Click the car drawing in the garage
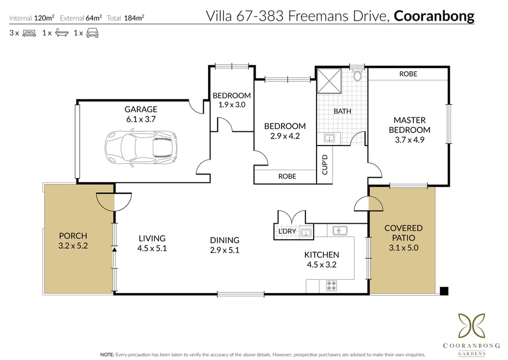pyautogui.click(x=141, y=148)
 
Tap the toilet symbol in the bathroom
pyautogui.click(x=357, y=75)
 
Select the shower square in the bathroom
pyautogui.click(x=329, y=81)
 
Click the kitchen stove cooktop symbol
pyautogui.click(x=331, y=286)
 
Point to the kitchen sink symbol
pyautogui.click(x=340, y=230)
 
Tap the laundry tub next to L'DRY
pyautogui.click(x=306, y=233)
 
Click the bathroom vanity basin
pyautogui.click(x=329, y=138)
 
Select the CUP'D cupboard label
pyautogui.click(x=325, y=164)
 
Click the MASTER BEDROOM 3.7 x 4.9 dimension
pyautogui.click(x=409, y=140)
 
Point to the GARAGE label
pyautogui.click(x=141, y=109)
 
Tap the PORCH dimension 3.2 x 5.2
pyautogui.click(x=73, y=246)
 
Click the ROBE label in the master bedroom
pyautogui.click(x=408, y=74)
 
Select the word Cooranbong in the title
pyautogui.click(x=434, y=16)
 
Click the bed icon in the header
pyautogui.click(x=29, y=33)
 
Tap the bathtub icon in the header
pyautogui.click(x=61, y=33)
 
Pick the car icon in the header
pyautogui.click(x=92, y=33)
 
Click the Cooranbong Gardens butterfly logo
pyautogui.click(x=471, y=325)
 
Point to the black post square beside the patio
pyautogui.click(x=444, y=291)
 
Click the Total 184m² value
pyautogui.click(x=134, y=18)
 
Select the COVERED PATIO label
pyautogui.click(x=403, y=233)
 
